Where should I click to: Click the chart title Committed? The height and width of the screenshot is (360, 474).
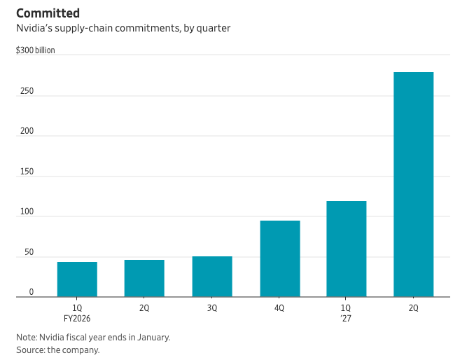(48, 13)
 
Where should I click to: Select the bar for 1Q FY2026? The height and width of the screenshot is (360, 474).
(77, 279)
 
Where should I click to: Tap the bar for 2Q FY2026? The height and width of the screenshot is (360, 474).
(144, 278)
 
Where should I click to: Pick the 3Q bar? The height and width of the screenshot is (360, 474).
(212, 277)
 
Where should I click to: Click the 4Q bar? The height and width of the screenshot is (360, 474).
(280, 258)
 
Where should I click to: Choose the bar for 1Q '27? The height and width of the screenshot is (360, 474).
(347, 249)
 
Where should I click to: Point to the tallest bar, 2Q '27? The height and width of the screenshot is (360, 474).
(414, 184)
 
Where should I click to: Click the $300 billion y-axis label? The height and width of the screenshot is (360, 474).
(36, 50)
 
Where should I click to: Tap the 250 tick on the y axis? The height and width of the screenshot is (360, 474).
(27, 91)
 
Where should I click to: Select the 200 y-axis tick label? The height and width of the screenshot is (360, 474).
(27, 131)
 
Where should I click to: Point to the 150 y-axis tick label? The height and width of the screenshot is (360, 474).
(27, 172)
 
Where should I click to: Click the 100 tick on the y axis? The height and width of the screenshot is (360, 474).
(27, 212)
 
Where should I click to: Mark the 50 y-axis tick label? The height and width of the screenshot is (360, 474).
(29, 252)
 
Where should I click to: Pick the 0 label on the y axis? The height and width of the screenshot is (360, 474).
(32, 292)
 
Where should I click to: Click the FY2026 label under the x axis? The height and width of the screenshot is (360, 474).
(77, 319)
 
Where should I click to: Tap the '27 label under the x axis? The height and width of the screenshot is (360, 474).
(346, 319)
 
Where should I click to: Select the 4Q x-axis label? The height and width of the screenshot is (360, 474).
(279, 308)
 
